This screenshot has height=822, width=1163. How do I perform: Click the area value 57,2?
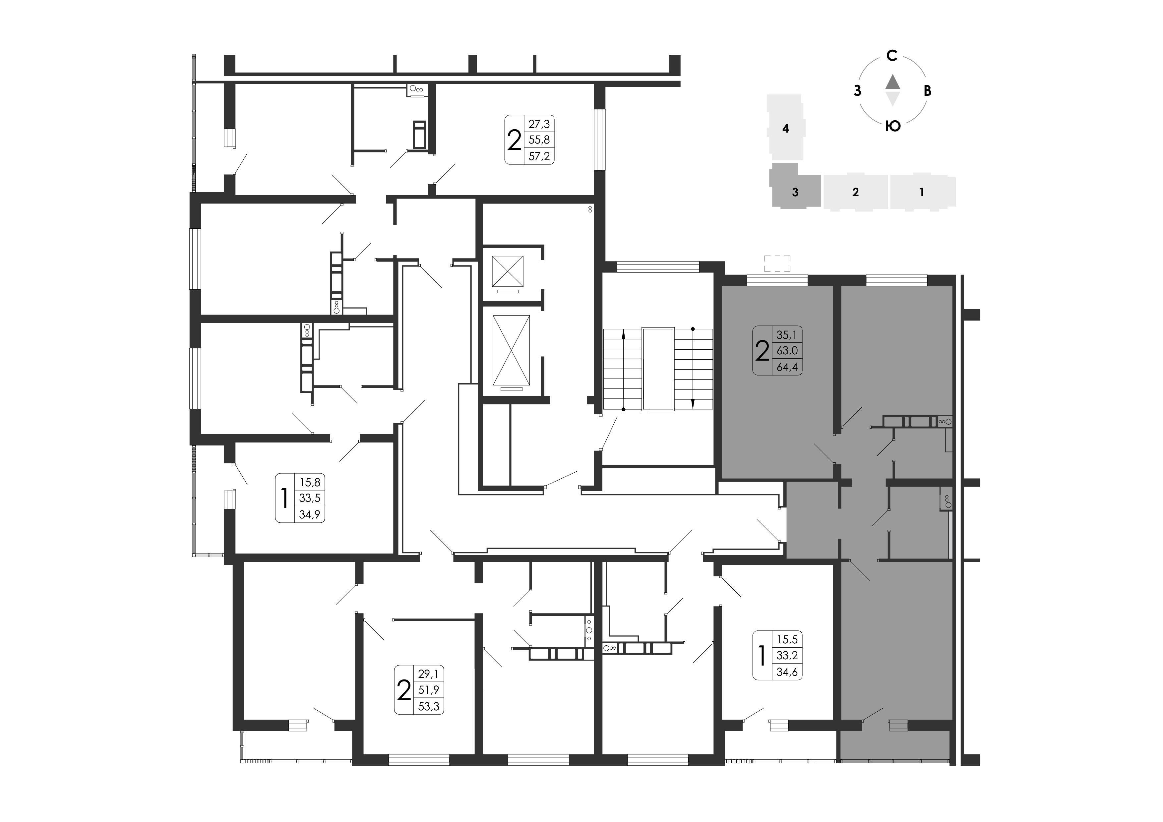[x=539, y=156]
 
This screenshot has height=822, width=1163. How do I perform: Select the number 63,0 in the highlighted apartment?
[x=787, y=350]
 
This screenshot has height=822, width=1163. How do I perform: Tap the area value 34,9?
[x=310, y=514]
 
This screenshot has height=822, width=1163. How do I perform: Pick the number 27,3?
[x=539, y=124]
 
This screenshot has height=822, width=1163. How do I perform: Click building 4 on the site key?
[x=786, y=128]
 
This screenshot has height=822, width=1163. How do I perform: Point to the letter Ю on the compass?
[x=893, y=126]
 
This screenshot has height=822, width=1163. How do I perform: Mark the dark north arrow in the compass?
[x=892, y=82]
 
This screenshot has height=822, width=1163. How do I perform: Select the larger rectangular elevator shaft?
[x=511, y=350]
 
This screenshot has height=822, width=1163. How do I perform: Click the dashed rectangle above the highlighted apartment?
[x=777, y=264]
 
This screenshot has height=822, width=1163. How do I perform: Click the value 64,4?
[x=787, y=367]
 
